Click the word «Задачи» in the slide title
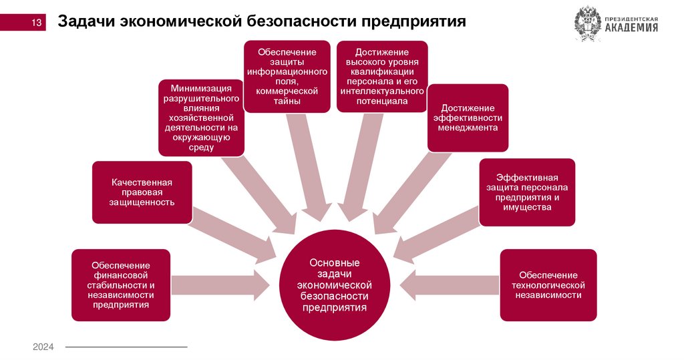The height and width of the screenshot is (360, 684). tap(85, 22)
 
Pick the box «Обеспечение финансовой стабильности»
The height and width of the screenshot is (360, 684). tap(121, 285)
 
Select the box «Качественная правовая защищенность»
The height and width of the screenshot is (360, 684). tap(142, 192)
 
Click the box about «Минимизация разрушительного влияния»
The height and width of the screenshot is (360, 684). tap(201, 118)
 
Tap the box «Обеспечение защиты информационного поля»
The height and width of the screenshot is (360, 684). tap(287, 76)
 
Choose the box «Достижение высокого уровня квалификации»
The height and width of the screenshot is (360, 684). tap(381, 76)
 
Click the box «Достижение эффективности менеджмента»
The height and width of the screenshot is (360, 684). tap(468, 118)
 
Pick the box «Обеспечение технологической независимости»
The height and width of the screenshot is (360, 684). tap(548, 285)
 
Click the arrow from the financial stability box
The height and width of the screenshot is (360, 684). tap(220, 285)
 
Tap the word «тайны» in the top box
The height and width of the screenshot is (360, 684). tap(287, 101)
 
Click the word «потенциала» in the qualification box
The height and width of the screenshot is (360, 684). tap(382, 101)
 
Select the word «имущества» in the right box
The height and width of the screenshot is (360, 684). tap(528, 208)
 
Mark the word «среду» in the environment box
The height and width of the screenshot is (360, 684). tap(201, 147)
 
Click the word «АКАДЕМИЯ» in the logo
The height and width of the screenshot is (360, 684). tap(631, 28)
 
